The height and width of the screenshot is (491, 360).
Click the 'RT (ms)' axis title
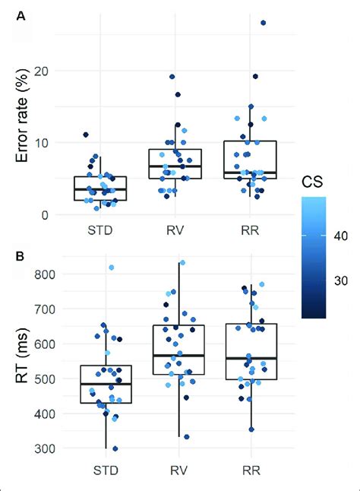[22, 361]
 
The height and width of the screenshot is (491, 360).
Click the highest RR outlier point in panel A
[263, 24]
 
